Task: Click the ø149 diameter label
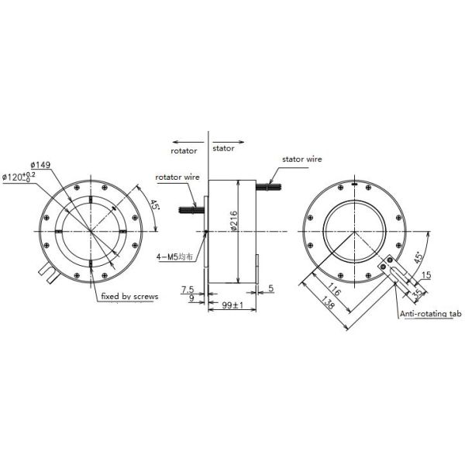[x=41, y=164]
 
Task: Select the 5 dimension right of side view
[x=270, y=288]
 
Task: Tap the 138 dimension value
[x=329, y=308]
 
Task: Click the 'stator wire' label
[x=301, y=159]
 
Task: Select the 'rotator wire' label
[x=178, y=177]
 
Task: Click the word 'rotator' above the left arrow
[x=184, y=152]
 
